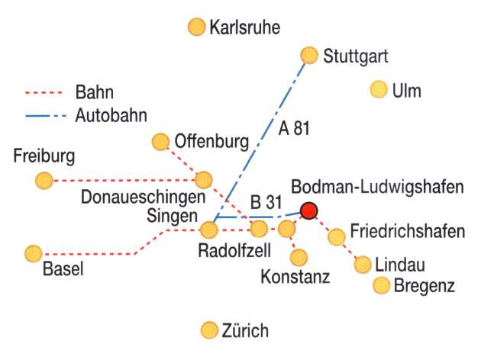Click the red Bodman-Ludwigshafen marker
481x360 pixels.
click(x=309, y=211)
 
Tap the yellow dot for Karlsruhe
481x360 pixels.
click(x=197, y=28)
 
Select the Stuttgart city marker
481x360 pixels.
click(x=309, y=55)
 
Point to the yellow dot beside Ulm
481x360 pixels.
click(x=377, y=90)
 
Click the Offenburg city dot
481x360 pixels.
click(x=160, y=141)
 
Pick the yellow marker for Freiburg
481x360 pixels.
click(x=44, y=180)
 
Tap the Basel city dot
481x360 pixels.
click(x=33, y=252)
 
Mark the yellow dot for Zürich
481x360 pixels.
click(x=208, y=330)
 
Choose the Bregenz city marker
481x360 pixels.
click(x=382, y=285)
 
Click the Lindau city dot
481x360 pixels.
click(x=363, y=265)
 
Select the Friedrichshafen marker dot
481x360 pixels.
click(x=336, y=236)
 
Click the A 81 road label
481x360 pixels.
click(x=294, y=128)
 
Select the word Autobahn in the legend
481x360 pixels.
click(x=111, y=116)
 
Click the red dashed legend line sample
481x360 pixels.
click(x=47, y=95)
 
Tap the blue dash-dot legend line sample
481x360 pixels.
click(x=47, y=117)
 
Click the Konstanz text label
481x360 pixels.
click(x=295, y=276)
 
